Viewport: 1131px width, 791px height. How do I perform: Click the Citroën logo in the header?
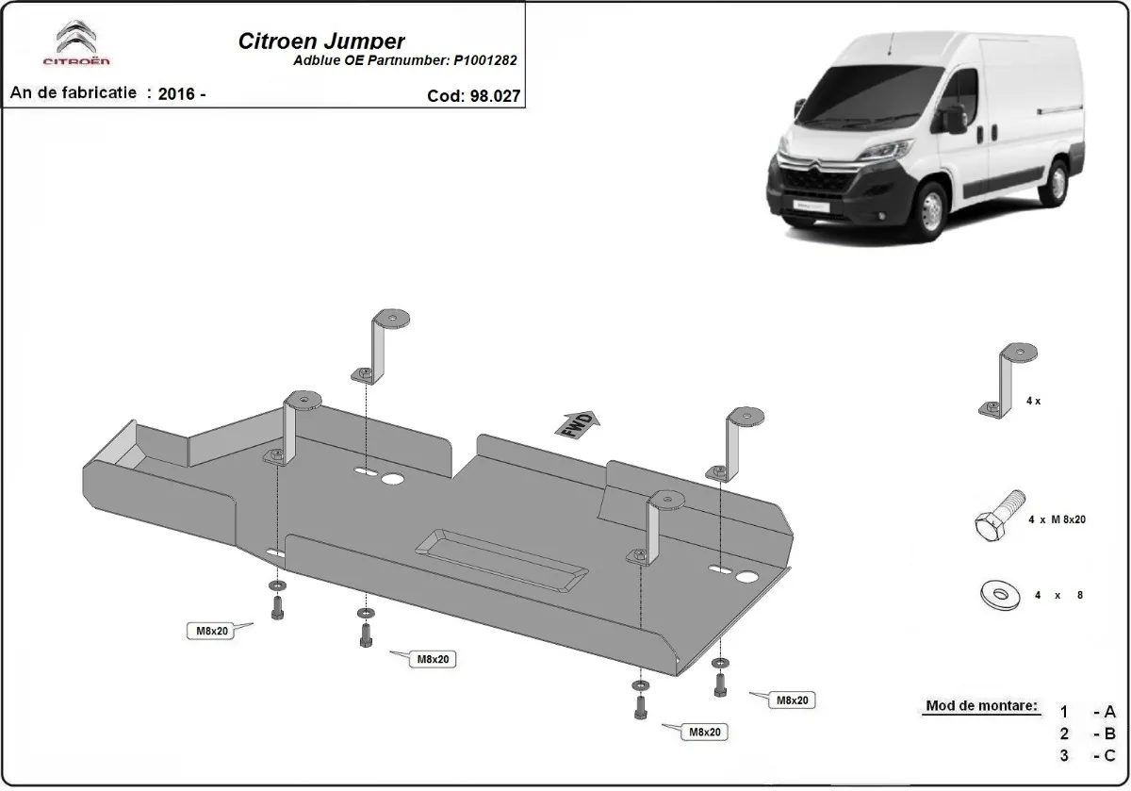76,44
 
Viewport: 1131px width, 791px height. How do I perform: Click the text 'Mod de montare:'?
981,706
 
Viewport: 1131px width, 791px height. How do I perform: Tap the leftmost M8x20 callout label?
213,631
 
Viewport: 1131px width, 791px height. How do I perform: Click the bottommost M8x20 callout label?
705,732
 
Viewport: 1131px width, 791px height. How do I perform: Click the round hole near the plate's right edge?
748,577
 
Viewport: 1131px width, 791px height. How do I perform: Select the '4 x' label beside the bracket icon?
1033,401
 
